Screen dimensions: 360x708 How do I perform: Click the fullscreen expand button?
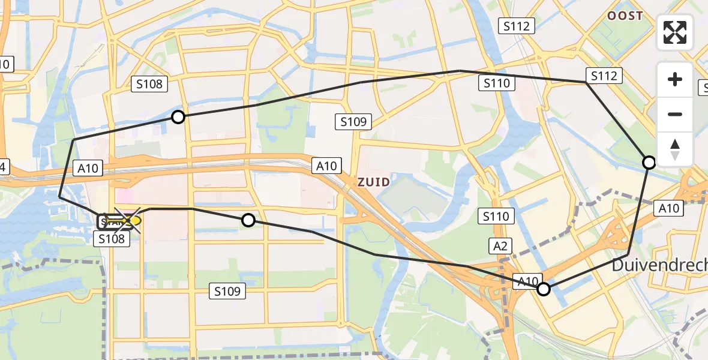pyautogui.click(x=675, y=32)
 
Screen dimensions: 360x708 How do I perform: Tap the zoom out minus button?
pyautogui.click(x=675, y=115)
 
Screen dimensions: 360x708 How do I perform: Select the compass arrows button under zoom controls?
pyautogui.click(x=675, y=149)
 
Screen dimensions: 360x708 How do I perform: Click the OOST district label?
pyautogui.click(x=625, y=16)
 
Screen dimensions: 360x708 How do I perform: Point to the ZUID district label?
pyautogui.click(x=374, y=182)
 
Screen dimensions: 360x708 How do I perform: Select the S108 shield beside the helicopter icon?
pyautogui.click(x=112, y=239)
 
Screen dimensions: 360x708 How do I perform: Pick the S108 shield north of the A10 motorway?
pyautogui.click(x=149, y=84)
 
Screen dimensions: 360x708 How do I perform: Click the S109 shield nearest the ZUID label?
pyautogui.click(x=353, y=122)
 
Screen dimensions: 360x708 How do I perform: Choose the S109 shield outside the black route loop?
pyautogui.click(x=227, y=292)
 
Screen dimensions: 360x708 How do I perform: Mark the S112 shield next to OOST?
pyautogui.click(x=517, y=25)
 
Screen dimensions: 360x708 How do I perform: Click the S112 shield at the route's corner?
pyautogui.click(x=604, y=76)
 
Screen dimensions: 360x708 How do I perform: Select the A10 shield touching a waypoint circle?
pyautogui.click(x=527, y=281)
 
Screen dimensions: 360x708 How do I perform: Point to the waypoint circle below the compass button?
pyautogui.click(x=649, y=162)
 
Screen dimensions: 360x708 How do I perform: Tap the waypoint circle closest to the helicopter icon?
pyautogui.click(x=248, y=221)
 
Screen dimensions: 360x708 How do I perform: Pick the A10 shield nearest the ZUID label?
pyautogui.click(x=327, y=166)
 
